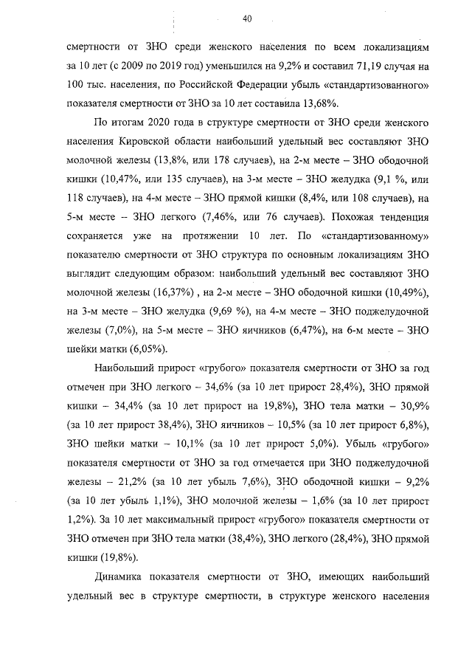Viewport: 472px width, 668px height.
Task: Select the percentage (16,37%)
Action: (153, 295)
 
